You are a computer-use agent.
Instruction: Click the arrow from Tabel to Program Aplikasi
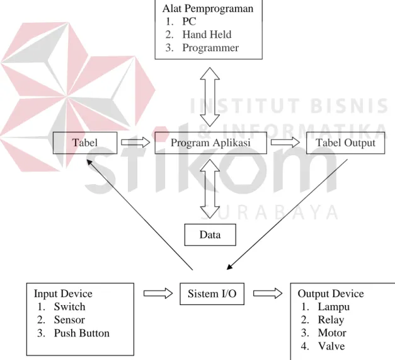pyautogui.click(x=135, y=142)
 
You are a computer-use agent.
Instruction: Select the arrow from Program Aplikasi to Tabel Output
pyautogui.click(x=285, y=142)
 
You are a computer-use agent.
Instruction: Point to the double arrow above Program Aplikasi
pyautogui.click(x=210, y=97)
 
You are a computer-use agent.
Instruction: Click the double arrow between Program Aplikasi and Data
pyautogui.click(x=210, y=189)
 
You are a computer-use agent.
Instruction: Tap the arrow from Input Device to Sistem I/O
pyautogui.click(x=158, y=293)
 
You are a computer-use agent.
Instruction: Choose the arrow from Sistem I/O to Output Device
pyautogui.click(x=268, y=293)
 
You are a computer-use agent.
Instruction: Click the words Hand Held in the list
pyautogui.click(x=207, y=35)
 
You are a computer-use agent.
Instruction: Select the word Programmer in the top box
pyautogui.click(x=210, y=48)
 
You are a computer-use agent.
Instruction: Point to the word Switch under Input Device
pyautogui.click(x=69, y=307)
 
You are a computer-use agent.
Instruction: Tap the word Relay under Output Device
pyautogui.click(x=331, y=320)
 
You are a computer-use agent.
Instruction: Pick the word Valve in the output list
pyautogui.click(x=331, y=346)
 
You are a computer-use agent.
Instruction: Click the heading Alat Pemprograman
pyautogui.click(x=208, y=9)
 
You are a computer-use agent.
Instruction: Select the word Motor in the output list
pyautogui.click(x=332, y=333)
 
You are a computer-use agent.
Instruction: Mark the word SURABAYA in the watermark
pyautogui.click(x=270, y=212)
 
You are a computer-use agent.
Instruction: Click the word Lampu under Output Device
pyautogui.click(x=334, y=307)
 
